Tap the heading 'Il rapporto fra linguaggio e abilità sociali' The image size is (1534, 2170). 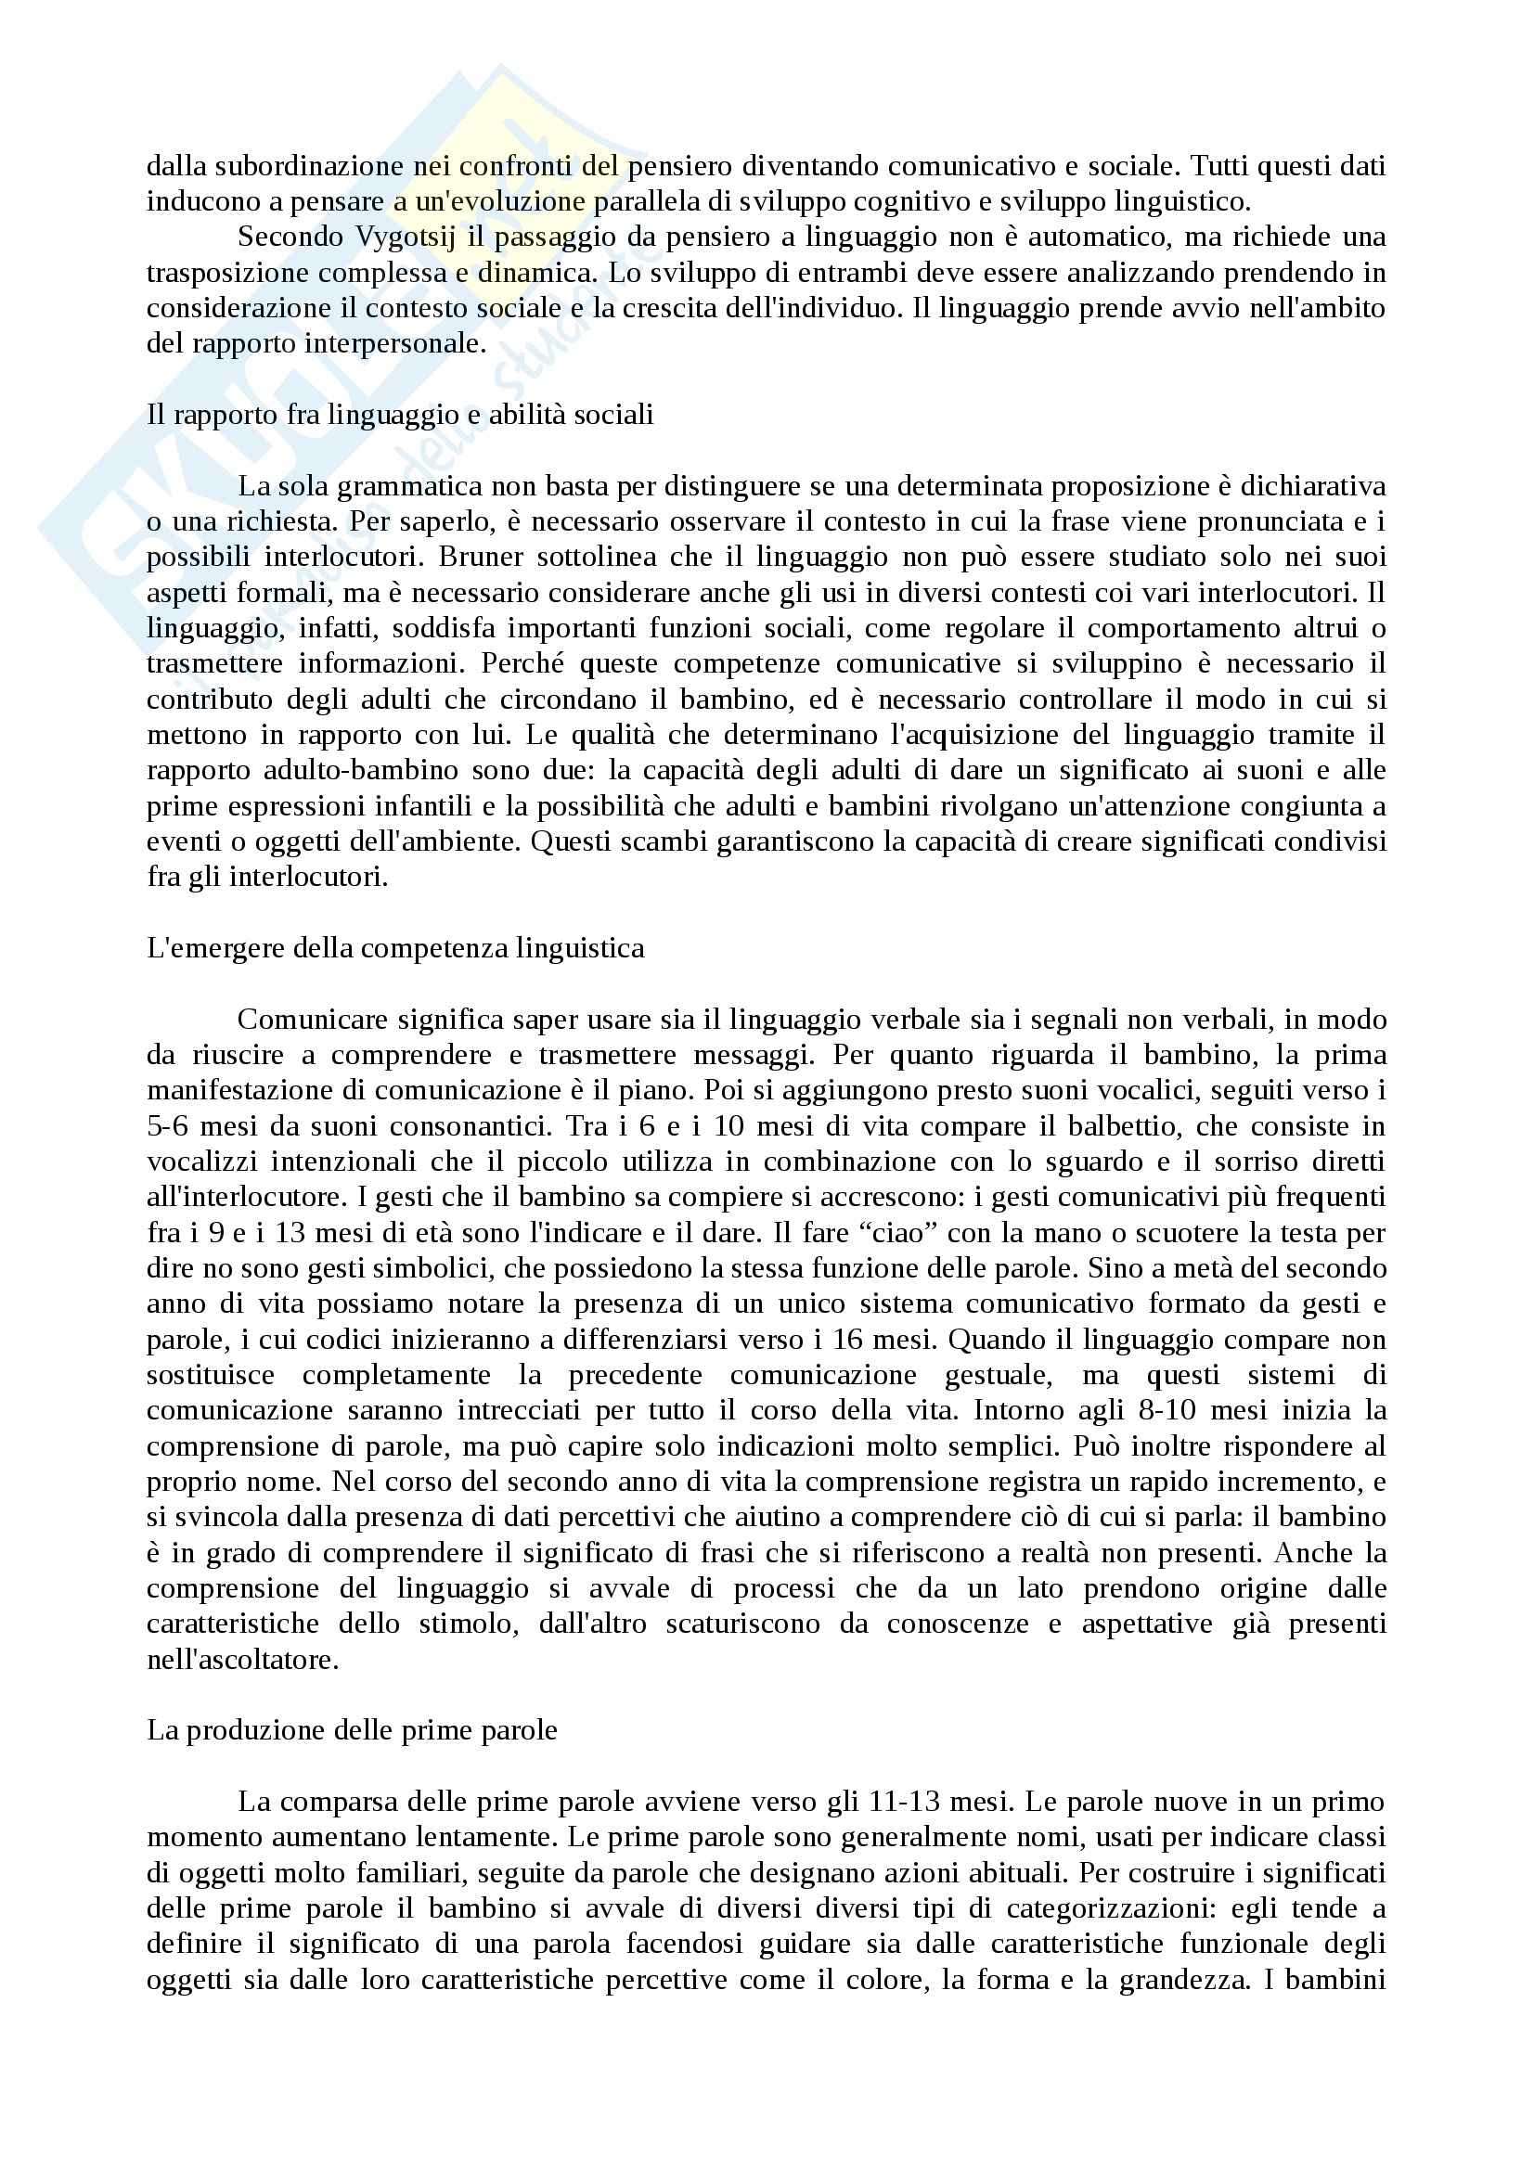tap(400, 415)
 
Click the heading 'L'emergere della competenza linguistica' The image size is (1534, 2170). tap(395, 948)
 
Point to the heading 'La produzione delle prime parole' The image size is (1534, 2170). tap(352, 1730)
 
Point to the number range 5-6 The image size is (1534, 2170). tap(171, 1125)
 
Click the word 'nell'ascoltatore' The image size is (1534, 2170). tap(242, 1660)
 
